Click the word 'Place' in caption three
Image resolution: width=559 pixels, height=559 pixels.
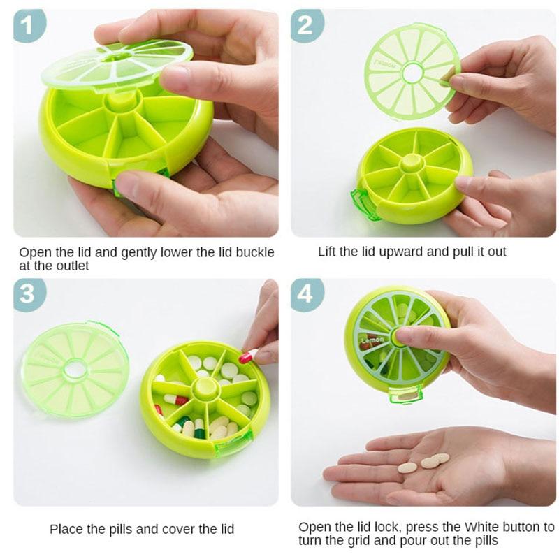coord(64,529)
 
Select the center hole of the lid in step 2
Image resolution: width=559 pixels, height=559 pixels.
coord(412,72)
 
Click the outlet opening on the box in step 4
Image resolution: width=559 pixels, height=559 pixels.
coord(405,396)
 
